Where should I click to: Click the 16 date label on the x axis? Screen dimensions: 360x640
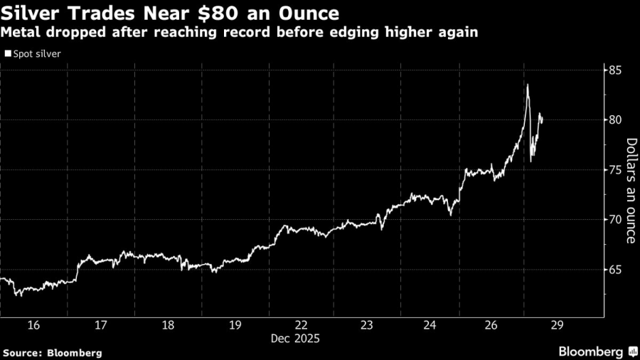pyautogui.click(x=33, y=325)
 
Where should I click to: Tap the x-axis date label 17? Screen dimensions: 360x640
pyautogui.click(x=100, y=325)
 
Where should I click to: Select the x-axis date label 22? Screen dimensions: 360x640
pyautogui.click(x=300, y=325)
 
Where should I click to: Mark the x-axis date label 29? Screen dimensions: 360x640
pyautogui.click(x=558, y=325)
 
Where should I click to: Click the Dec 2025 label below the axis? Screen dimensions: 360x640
pyautogui.click(x=300, y=339)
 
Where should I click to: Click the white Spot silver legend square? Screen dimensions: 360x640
pyautogui.click(x=8, y=53)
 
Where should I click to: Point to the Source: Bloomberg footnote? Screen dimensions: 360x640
pyautogui.click(x=52, y=352)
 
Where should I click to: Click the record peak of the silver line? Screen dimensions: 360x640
pyautogui.click(x=528, y=85)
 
